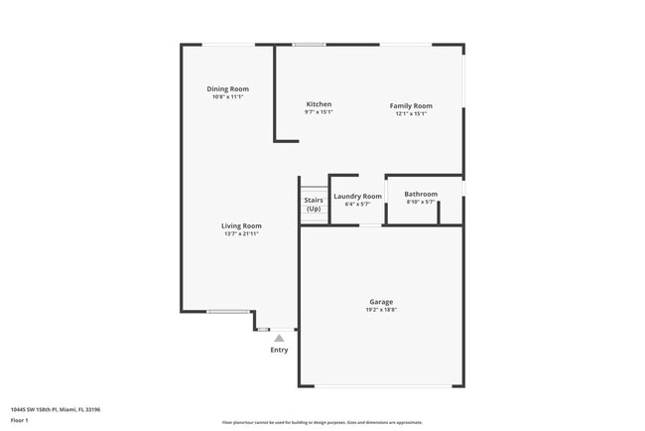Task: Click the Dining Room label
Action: [x=227, y=89]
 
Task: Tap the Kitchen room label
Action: [x=319, y=104]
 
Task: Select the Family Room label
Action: [x=411, y=105]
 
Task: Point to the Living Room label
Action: [x=241, y=225]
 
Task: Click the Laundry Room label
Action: [x=357, y=197]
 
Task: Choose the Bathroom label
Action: [x=421, y=194]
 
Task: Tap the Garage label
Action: [x=381, y=302]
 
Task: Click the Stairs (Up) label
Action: [x=314, y=205]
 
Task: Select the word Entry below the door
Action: [x=280, y=350]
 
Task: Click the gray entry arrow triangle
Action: [x=279, y=338]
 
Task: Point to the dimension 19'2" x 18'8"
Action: [x=381, y=310]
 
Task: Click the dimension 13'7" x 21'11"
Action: [x=241, y=233]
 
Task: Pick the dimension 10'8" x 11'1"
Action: [x=227, y=97]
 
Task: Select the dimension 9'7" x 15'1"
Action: [x=319, y=112]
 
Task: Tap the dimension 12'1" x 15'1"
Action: [x=411, y=113]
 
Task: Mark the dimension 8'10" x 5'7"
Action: [x=421, y=202]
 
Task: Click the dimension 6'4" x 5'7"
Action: [x=357, y=205]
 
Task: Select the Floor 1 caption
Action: [x=20, y=420]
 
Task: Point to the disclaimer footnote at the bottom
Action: [x=322, y=422]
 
